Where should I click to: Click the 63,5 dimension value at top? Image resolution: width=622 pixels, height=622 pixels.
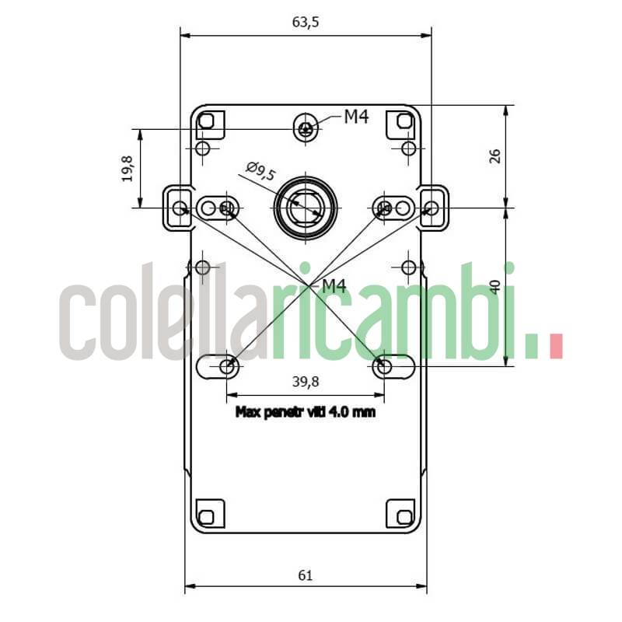[306, 22]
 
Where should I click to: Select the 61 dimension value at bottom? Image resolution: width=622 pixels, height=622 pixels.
[305, 575]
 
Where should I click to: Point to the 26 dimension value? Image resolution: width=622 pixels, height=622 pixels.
[494, 155]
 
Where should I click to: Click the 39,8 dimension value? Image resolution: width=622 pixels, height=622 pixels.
[305, 381]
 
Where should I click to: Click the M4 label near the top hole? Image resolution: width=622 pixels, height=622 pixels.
[356, 117]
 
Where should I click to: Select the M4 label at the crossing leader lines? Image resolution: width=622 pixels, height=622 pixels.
[334, 286]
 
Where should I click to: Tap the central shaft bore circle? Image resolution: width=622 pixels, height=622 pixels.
[306, 207]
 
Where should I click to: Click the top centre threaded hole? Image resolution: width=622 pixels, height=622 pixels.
[306, 128]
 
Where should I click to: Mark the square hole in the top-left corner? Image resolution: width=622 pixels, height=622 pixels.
[207, 121]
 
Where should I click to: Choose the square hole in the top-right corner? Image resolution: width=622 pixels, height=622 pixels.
[404, 121]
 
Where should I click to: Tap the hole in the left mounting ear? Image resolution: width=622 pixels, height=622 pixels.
[180, 208]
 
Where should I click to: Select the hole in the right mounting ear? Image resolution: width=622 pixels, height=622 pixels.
[430, 208]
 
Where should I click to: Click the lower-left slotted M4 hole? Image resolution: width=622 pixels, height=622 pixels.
[227, 365]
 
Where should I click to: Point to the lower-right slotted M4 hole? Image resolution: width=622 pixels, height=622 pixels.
[383, 365]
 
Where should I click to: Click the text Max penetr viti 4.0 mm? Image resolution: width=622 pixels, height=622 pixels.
[305, 412]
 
